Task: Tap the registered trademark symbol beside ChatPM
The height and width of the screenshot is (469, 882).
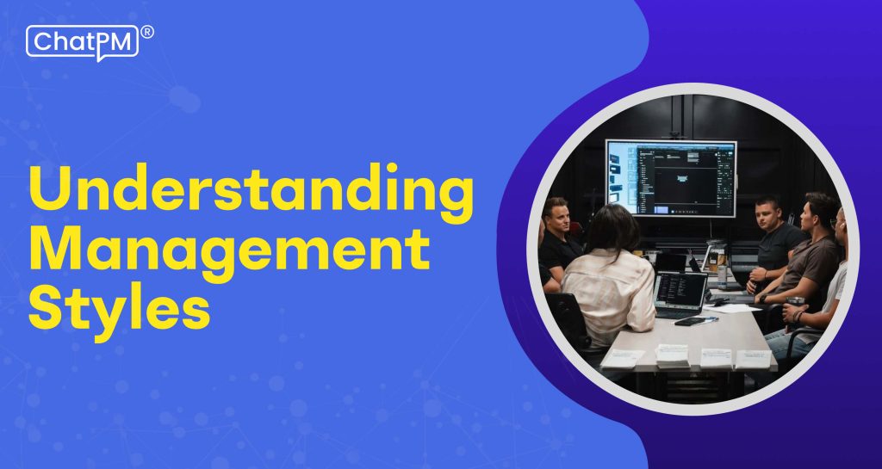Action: tap(147, 33)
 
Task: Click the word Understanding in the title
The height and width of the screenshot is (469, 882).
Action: tap(251, 189)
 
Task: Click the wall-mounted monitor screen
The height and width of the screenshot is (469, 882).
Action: tap(670, 178)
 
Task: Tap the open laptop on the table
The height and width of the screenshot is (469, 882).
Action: tap(680, 293)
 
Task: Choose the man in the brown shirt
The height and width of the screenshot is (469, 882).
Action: tap(810, 258)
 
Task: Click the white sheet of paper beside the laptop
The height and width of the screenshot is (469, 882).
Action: tap(732, 308)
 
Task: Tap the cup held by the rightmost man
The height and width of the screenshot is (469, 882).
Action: tap(795, 303)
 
